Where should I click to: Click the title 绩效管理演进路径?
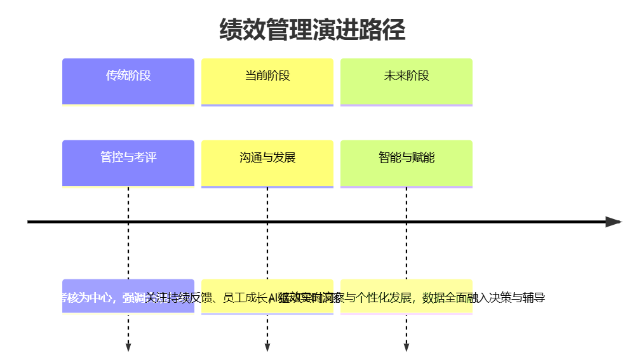[x=312, y=30]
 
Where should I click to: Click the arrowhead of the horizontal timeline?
[x=613, y=222]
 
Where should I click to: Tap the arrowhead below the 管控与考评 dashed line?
[x=128, y=347]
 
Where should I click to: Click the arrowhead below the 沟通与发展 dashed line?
[x=267, y=347]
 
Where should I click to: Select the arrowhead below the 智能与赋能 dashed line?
[x=407, y=347]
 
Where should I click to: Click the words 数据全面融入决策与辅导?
[x=484, y=297]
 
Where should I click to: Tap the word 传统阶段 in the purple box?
[x=128, y=76]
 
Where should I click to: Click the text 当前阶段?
[x=267, y=76]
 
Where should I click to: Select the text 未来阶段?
[x=407, y=76]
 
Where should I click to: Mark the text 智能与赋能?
[x=407, y=157]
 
